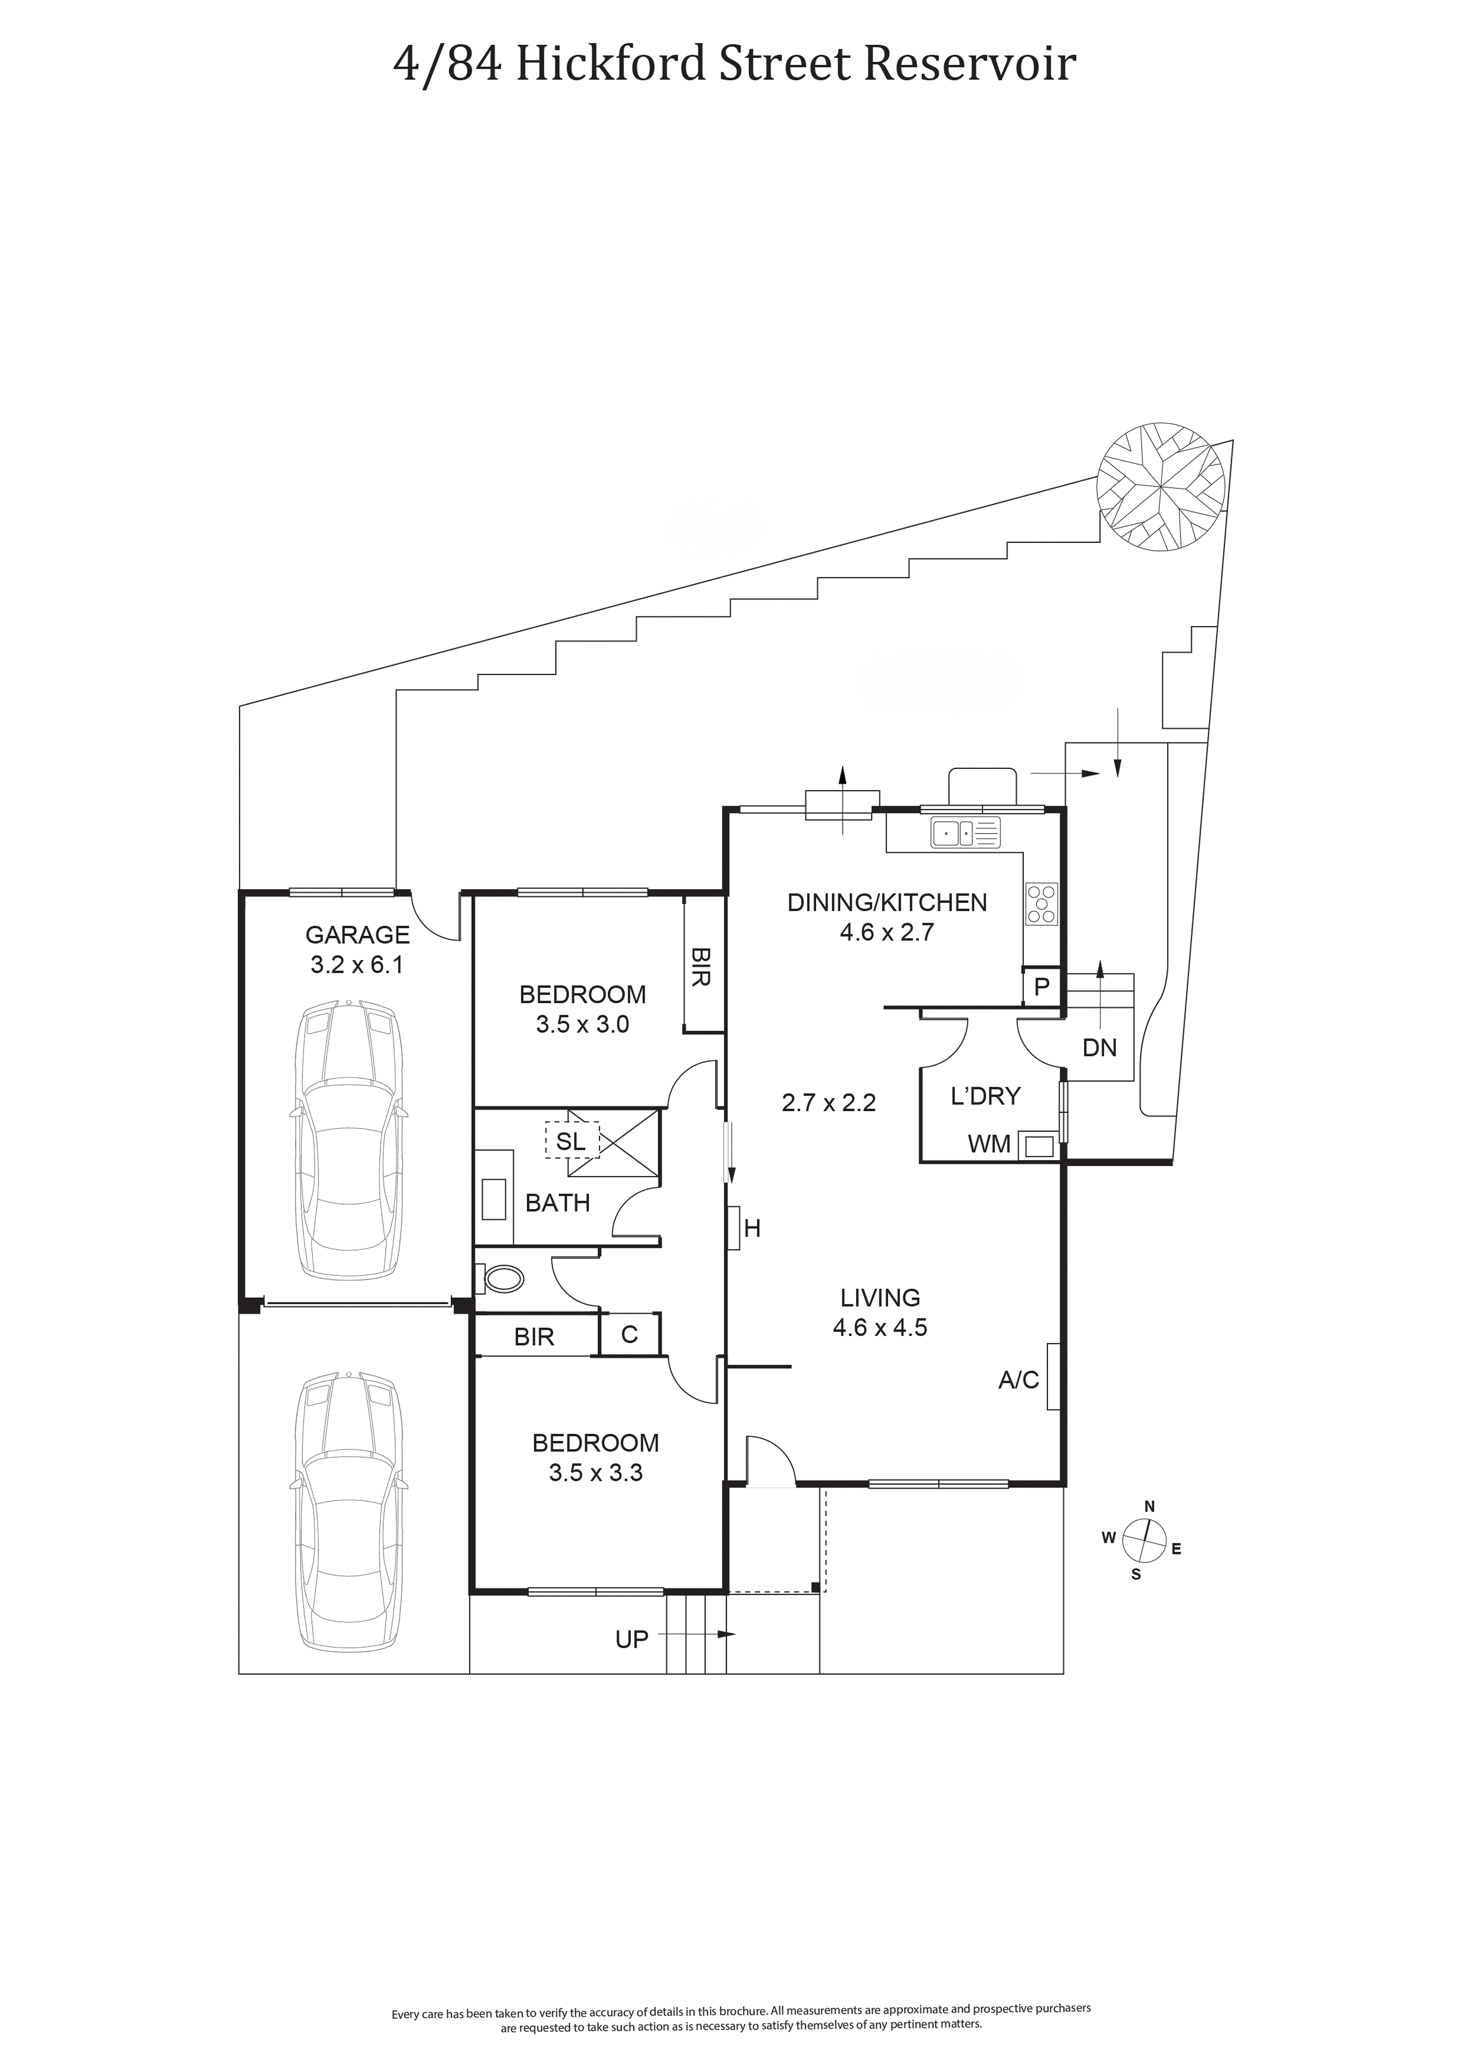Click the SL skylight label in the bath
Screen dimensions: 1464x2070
[571, 1141]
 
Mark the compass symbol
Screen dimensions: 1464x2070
[1145, 1540]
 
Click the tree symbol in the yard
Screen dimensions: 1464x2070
[1161, 485]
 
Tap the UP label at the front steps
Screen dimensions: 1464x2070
[632, 1640]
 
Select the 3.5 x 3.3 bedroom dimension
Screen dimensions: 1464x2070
[596, 1473]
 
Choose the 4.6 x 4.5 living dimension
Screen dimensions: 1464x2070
[880, 1327]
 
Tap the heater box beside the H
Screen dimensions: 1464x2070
[734, 1228]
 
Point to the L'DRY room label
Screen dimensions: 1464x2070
[985, 1096]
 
